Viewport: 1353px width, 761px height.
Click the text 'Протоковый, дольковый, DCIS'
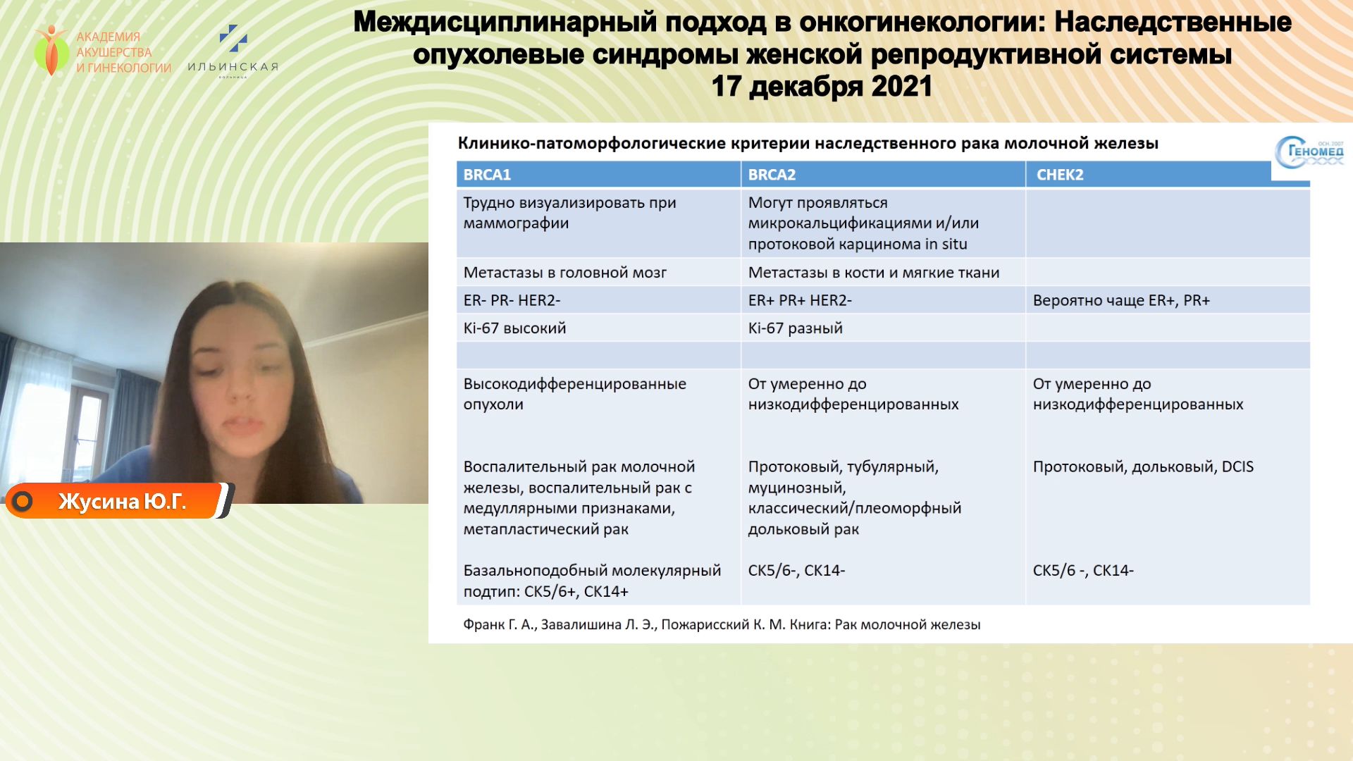pyautogui.click(x=1143, y=466)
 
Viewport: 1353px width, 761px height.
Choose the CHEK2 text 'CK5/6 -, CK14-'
pyautogui.click(x=1083, y=571)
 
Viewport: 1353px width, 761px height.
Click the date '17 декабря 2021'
pyautogui.click(x=822, y=87)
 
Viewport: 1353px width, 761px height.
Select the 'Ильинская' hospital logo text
pyautogui.click(x=233, y=67)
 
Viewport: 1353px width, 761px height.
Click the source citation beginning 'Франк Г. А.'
pyautogui.click(x=722, y=624)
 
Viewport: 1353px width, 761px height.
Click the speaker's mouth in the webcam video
pyautogui.click(x=241, y=425)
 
